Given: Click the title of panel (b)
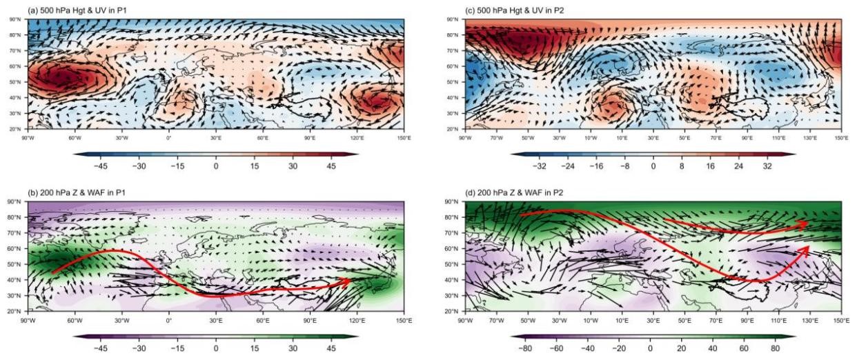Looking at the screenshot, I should tap(65, 193).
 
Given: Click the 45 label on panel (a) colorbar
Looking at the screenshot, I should tap(341, 166).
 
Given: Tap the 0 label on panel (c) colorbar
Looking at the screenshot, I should tap(652, 166).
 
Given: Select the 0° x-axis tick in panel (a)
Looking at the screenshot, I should tap(169, 134).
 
